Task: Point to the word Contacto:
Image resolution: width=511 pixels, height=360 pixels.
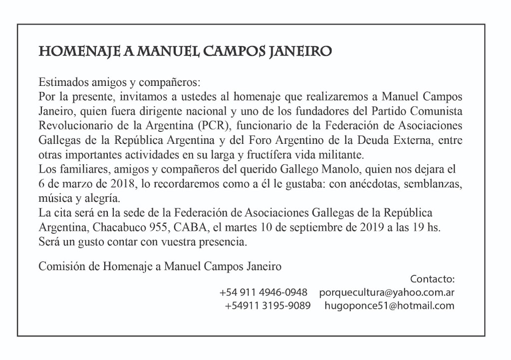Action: (x=432, y=279)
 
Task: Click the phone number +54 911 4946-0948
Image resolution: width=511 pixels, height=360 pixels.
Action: (x=263, y=292)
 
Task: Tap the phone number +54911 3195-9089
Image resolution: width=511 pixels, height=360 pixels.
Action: (x=267, y=306)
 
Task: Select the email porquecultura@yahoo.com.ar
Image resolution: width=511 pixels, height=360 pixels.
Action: (x=387, y=292)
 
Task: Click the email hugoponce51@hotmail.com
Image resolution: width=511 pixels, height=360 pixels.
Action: (x=389, y=306)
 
